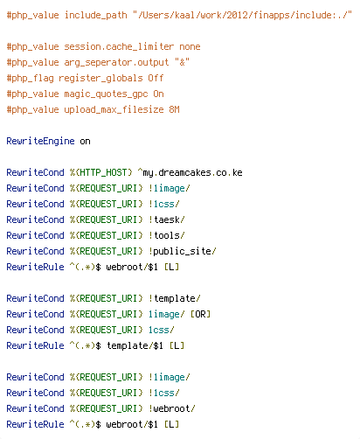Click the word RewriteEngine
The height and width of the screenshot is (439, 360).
tap(40, 141)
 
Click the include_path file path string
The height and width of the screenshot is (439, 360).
tap(242, 15)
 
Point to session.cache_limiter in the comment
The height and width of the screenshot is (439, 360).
tap(119, 46)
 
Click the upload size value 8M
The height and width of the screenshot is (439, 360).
tap(175, 109)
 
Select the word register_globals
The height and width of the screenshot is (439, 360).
tap(100, 78)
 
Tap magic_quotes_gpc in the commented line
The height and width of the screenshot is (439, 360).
tap(106, 94)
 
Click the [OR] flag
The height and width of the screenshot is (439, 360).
tap(200, 314)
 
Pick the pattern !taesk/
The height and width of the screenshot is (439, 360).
tap(167, 219)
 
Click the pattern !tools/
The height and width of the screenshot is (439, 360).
tap(167, 235)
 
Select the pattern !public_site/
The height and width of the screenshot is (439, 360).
tap(183, 251)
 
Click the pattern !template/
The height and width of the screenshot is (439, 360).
tap(175, 298)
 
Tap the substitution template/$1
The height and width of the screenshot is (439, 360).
tap(135, 345)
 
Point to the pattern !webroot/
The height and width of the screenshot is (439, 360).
tap(172, 408)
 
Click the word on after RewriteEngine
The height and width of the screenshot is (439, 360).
tap(85, 142)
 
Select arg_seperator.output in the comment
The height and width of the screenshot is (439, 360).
tap(116, 62)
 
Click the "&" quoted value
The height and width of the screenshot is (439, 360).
tap(182, 62)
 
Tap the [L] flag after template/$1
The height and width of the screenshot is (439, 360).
tap(177, 345)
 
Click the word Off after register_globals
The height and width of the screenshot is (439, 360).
tap(156, 78)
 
